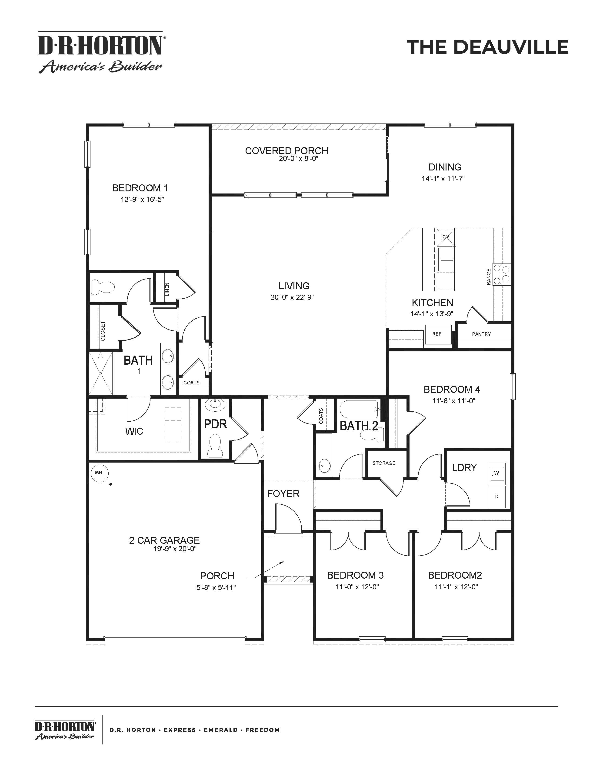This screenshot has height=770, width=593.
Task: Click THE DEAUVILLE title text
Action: pyautogui.click(x=487, y=47)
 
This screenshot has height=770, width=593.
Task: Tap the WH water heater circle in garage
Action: pyautogui.click(x=98, y=472)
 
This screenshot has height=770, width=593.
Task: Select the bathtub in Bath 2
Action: pyautogui.click(x=359, y=409)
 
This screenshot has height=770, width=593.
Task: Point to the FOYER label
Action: pyautogui.click(x=283, y=493)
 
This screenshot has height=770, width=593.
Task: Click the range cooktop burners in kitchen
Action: pyautogui.click(x=502, y=274)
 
